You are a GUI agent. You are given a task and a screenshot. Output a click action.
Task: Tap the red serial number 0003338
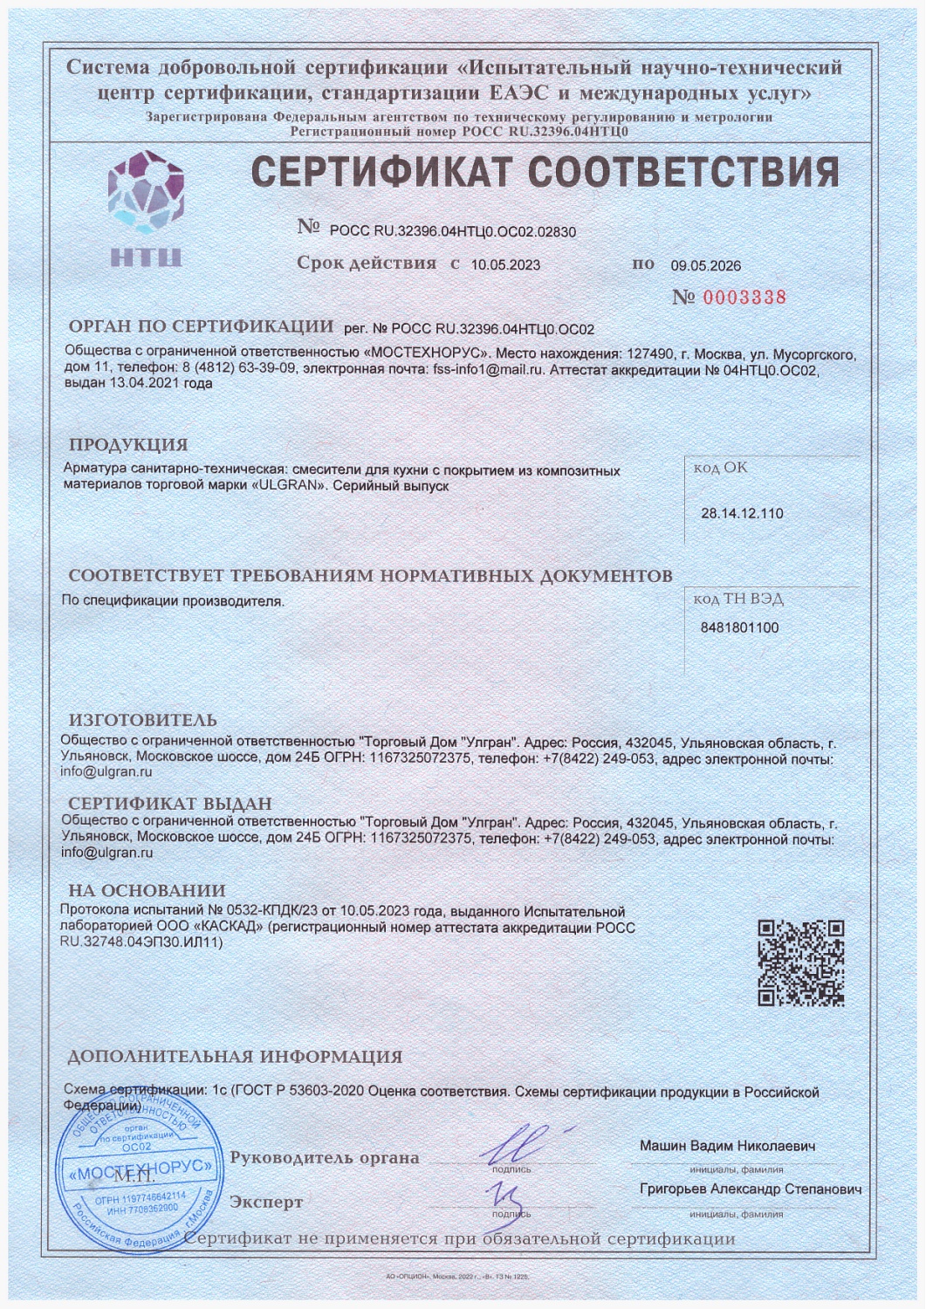(744, 298)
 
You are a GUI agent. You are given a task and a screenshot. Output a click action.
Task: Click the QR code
(800, 963)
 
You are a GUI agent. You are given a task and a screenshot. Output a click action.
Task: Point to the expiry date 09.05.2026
(705, 266)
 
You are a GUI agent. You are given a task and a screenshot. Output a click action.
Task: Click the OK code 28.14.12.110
(742, 513)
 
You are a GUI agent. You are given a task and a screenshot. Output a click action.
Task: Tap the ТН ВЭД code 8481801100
(739, 627)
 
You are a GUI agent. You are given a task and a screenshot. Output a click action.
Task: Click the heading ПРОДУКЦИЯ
(128, 445)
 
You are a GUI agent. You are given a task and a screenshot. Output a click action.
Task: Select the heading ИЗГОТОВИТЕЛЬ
(142, 720)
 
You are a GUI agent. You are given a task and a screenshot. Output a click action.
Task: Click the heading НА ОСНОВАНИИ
(147, 891)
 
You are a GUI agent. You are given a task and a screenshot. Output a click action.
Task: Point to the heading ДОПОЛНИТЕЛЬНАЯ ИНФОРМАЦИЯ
(235, 1057)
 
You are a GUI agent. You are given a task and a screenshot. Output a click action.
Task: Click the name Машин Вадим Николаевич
(727, 1146)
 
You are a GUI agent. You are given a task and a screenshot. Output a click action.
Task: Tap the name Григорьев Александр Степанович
(751, 1189)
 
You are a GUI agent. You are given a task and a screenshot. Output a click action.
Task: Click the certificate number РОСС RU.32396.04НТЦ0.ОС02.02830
(453, 232)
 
